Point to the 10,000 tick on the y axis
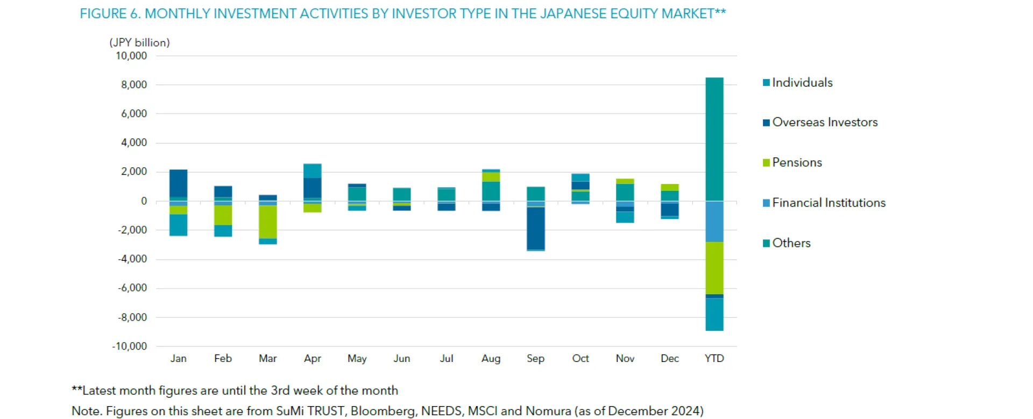point(131,56)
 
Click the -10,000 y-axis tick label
point(130,346)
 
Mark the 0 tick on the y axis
point(144,201)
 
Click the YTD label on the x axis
point(714,359)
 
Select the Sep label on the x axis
point(535,359)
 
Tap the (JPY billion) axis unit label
point(139,42)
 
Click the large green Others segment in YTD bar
point(714,140)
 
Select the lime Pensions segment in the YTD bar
point(714,268)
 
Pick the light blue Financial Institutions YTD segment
point(714,222)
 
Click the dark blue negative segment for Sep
point(536,229)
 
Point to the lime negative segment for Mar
point(268,222)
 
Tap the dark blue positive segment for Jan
point(178,183)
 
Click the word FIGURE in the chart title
point(103,14)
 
